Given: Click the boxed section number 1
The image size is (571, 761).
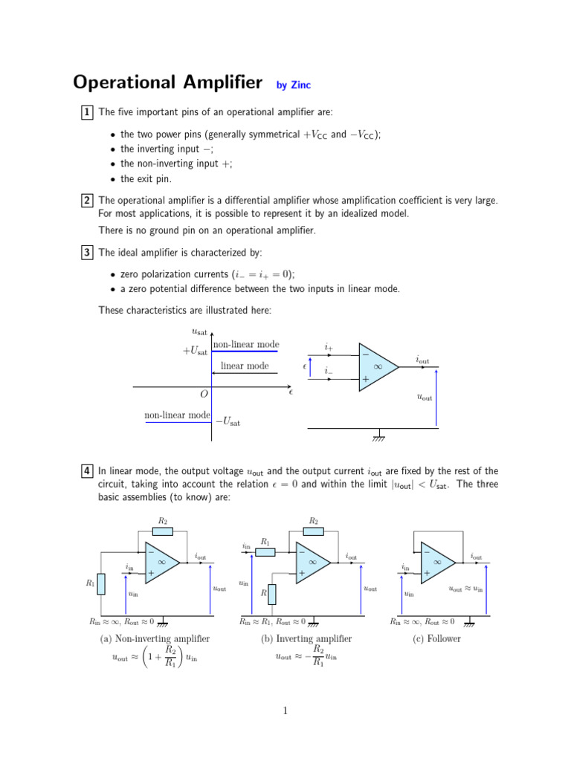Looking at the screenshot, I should [87, 112].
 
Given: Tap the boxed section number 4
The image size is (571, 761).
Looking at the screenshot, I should [87, 471].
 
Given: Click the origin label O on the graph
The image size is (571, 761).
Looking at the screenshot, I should [204, 395].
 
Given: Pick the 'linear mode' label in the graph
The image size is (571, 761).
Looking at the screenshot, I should [245, 366].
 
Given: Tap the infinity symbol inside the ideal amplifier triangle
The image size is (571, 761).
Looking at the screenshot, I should [377, 366].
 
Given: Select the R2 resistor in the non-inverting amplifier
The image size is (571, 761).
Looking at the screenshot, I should [162, 531].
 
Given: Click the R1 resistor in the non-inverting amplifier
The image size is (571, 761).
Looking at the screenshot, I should [101, 583].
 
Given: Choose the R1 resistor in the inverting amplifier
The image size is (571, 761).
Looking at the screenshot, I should [265, 551].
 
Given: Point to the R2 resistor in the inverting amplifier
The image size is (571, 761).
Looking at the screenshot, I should [313, 531].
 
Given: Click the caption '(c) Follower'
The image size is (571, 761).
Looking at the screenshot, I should [439, 638].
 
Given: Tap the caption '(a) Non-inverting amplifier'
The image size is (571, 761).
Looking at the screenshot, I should [155, 638].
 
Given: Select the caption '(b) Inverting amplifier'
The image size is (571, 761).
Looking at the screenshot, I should [306, 638].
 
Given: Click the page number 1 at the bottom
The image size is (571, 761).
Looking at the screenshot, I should [285, 711].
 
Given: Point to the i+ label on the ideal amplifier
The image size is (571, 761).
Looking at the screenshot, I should [329, 347].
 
